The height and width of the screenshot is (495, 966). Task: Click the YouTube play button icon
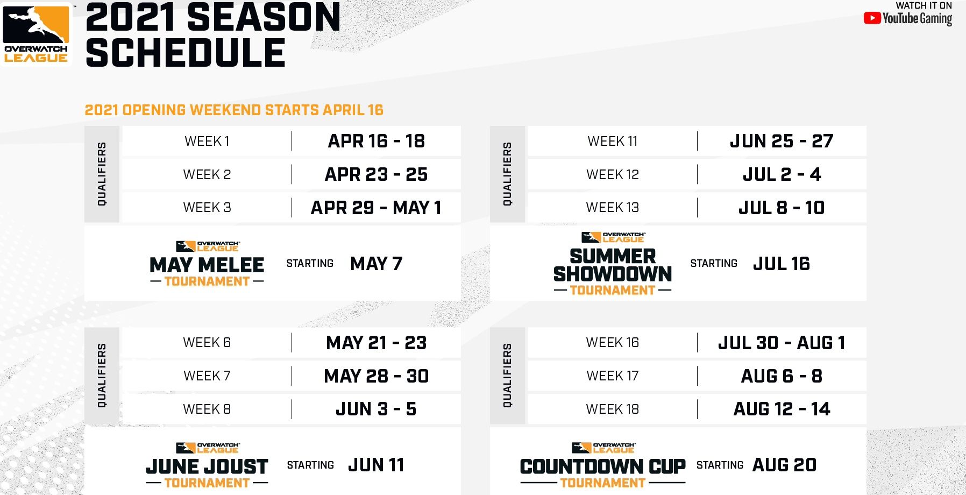click(x=872, y=18)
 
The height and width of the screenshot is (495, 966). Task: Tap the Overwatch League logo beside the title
click(x=37, y=34)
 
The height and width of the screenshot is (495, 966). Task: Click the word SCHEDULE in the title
click(x=185, y=53)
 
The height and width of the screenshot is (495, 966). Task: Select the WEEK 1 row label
click(x=207, y=142)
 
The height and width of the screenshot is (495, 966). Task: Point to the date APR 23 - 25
click(x=376, y=174)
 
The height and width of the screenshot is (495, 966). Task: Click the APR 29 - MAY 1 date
click(x=376, y=208)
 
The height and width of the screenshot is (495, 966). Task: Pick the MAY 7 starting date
click(x=376, y=264)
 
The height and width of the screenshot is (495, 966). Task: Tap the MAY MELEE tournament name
click(x=207, y=265)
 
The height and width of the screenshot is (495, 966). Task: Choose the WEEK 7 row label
click(x=207, y=376)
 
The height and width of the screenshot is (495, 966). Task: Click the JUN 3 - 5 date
click(x=376, y=409)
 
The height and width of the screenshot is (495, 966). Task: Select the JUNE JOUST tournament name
click(x=207, y=466)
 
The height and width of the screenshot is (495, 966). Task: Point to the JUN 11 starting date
click(x=376, y=465)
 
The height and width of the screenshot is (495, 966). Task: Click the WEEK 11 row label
click(x=613, y=142)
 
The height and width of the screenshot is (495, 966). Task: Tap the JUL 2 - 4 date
click(x=782, y=174)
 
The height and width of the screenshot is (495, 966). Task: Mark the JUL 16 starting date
click(x=782, y=264)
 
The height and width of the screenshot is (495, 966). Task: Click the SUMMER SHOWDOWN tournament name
click(x=613, y=265)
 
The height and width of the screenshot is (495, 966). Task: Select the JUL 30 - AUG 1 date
click(x=782, y=343)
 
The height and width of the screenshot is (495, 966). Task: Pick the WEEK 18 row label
click(x=613, y=409)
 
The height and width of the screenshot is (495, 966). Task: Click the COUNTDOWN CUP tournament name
click(x=603, y=466)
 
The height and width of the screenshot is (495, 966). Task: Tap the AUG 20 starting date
click(x=785, y=465)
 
